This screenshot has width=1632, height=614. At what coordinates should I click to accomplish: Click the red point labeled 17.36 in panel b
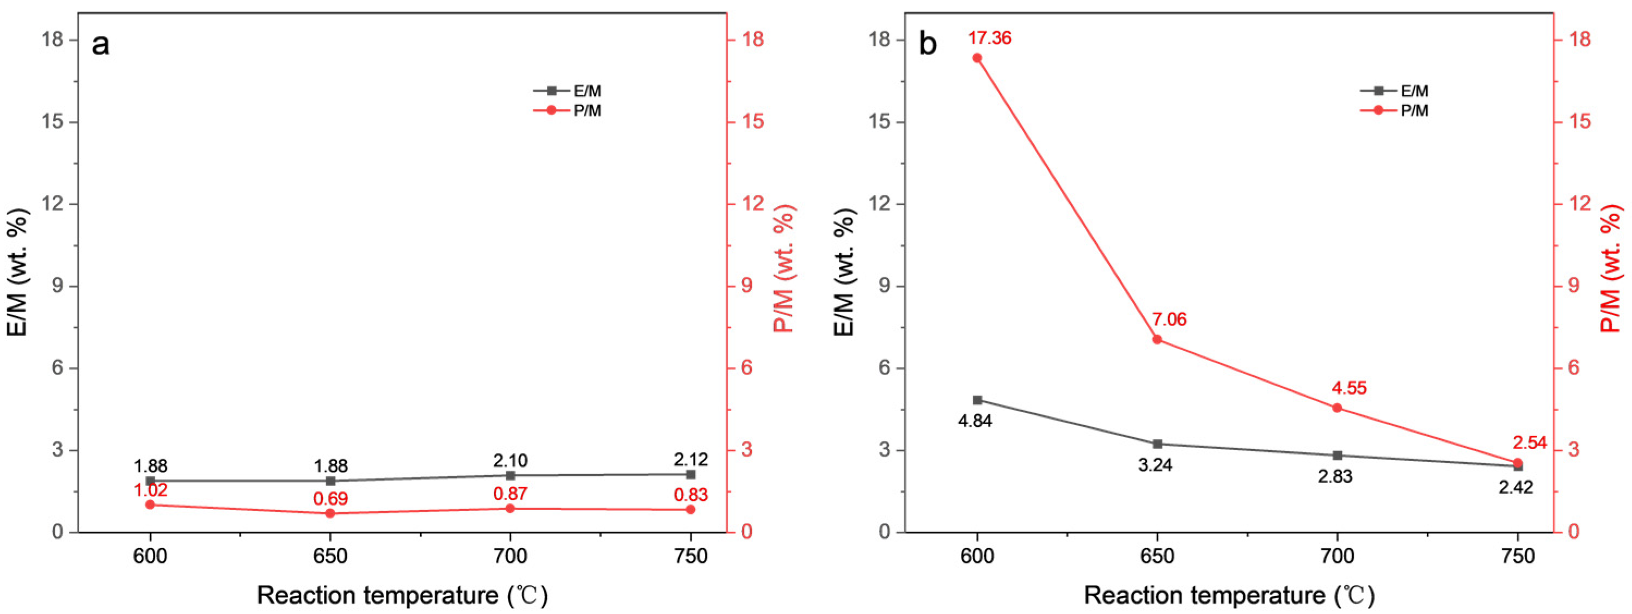(x=977, y=58)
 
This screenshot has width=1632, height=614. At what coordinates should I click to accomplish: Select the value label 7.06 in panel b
(x=1169, y=320)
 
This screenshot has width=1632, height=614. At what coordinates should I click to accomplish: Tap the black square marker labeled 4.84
(x=977, y=400)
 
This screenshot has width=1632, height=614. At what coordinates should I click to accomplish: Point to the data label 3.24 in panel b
(x=1155, y=465)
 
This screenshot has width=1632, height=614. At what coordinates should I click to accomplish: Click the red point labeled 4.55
(x=1337, y=408)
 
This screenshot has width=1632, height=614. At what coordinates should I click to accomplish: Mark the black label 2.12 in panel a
(x=691, y=459)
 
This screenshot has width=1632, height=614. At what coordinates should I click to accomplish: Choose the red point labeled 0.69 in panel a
(x=330, y=513)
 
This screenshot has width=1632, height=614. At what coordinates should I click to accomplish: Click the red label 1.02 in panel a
(x=150, y=490)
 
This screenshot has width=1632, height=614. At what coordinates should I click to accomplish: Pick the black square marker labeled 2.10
(x=510, y=475)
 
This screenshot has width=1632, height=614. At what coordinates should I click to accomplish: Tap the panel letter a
(x=100, y=46)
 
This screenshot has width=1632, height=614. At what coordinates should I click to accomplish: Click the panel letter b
(x=928, y=46)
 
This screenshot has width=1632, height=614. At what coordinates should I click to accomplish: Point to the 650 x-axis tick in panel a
(x=330, y=556)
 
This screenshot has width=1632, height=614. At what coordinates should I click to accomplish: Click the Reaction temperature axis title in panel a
(x=402, y=595)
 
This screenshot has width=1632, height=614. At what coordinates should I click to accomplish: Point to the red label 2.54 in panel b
(x=1529, y=443)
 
